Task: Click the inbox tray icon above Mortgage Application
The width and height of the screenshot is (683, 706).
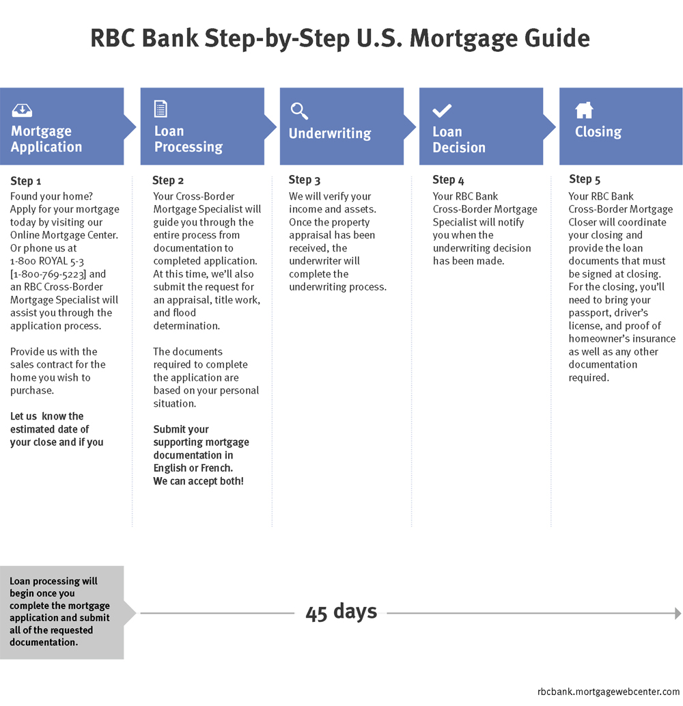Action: pyautogui.click(x=22, y=110)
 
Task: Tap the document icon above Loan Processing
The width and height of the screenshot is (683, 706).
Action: pyautogui.click(x=161, y=109)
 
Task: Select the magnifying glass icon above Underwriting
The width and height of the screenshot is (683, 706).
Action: pyautogui.click(x=299, y=111)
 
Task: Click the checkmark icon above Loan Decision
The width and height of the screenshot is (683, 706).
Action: pyautogui.click(x=442, y=110)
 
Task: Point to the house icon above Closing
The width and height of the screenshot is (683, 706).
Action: pyautogui.click(x=584, y=110)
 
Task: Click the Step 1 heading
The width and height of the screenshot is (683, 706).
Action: pyautogui.click(x=26, y=181)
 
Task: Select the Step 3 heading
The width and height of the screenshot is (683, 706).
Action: pyautogui.click(x=304, y=180)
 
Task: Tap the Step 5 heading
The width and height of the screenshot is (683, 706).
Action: pyautogui.click(x=585, y=179)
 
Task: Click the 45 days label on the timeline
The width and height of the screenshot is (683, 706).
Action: pyautogui.click(x=341, y=612)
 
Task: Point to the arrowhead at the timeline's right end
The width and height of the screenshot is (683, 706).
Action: pyautogui.click(x=678, y=613)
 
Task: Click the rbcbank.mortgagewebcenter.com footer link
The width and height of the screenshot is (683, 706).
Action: pyautogui.click(x=609, y=692)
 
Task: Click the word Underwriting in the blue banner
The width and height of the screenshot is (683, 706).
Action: pyautogui.click(x=330, y=133)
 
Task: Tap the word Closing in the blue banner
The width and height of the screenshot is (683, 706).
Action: pyautogui.click(x=598, y=131)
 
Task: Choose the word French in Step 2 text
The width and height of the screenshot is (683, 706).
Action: pyautogui.click(x=217, y=468)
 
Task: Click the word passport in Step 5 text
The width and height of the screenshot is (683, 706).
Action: pyautogui.click(x=585, y=314)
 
